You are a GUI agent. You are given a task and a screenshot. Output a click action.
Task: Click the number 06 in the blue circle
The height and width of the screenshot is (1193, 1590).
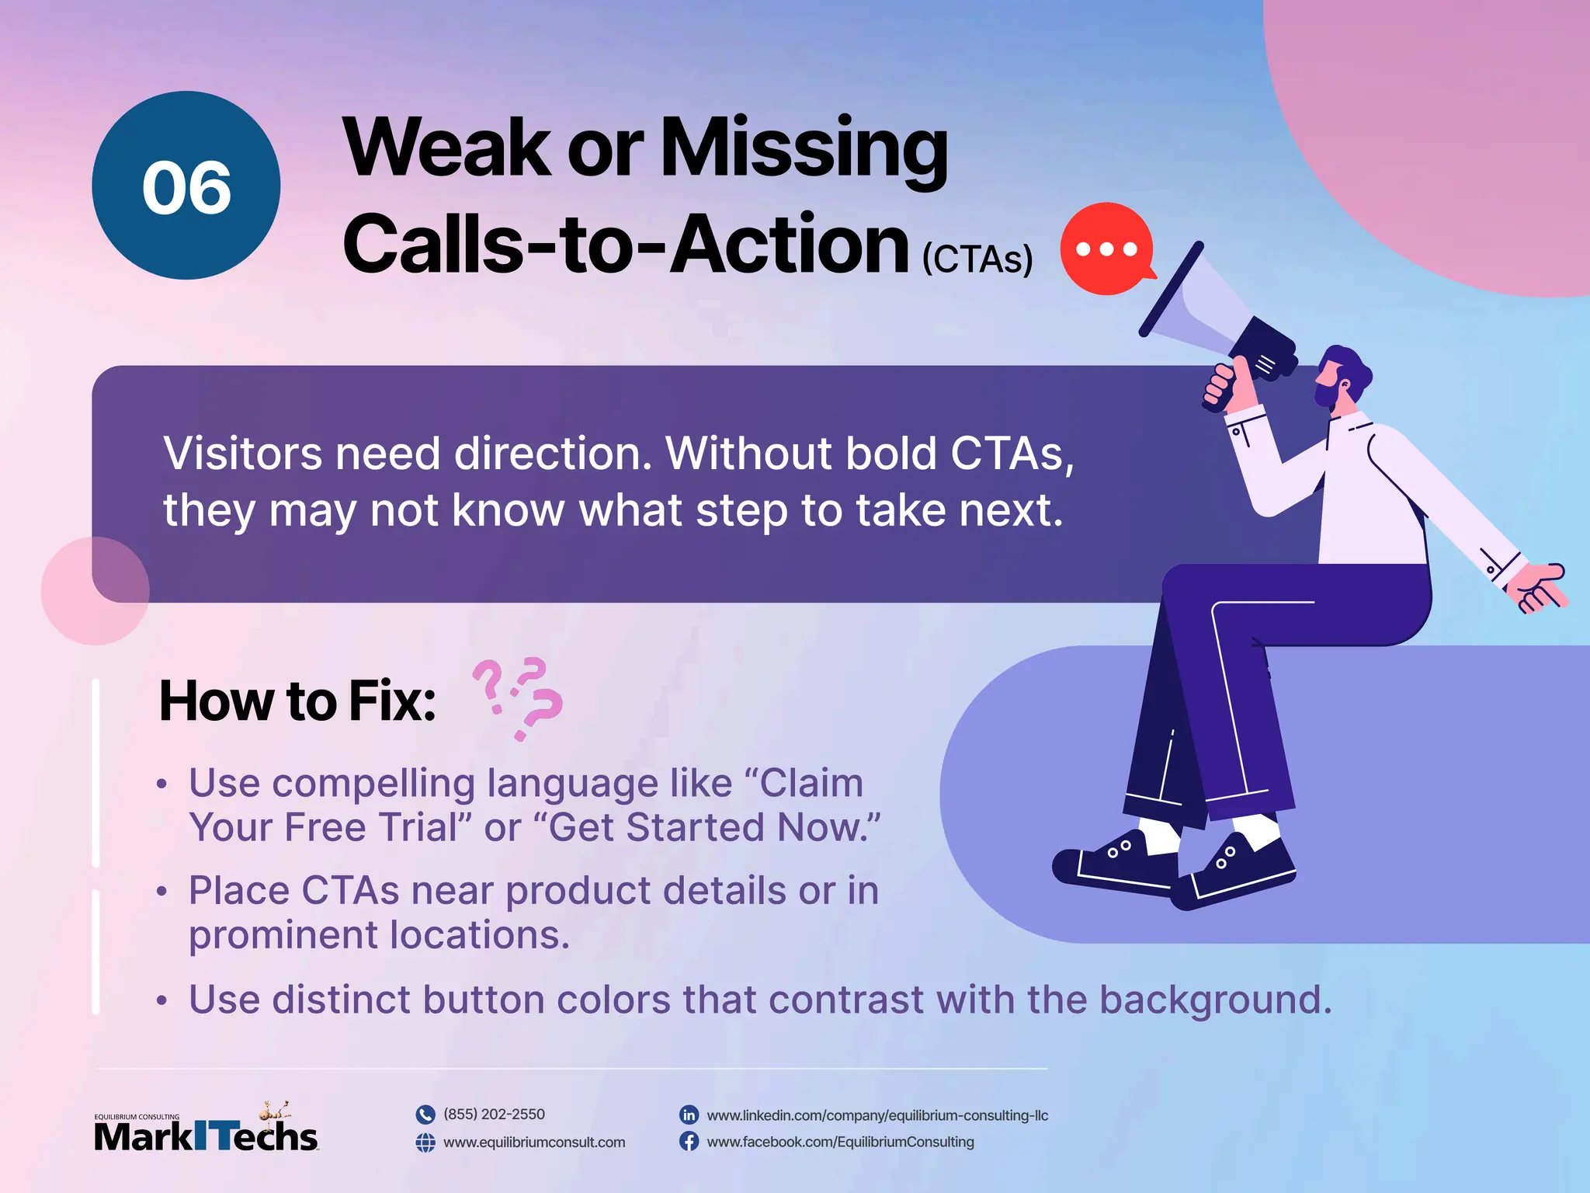click(186, 188)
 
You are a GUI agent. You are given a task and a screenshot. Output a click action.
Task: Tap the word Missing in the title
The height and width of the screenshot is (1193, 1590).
click(804, 149)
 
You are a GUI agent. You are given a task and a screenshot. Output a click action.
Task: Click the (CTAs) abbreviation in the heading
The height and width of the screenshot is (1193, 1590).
click(977, 259)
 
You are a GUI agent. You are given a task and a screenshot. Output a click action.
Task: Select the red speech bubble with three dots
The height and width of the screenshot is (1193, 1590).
click(1106, 249)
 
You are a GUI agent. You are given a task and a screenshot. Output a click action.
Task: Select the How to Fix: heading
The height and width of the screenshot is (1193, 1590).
click(297, 701)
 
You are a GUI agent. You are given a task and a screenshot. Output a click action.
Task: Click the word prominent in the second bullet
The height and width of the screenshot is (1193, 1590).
click(283, 934)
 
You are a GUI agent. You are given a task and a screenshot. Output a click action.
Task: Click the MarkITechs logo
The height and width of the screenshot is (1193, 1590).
click(206, 1130)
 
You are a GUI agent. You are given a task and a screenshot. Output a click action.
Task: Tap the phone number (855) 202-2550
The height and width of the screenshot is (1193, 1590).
click(494, 1114)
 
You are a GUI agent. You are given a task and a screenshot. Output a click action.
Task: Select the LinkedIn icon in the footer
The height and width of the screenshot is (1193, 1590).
click(689, 1115)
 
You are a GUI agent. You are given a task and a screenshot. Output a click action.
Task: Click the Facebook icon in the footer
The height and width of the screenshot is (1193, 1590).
click(689, 1141)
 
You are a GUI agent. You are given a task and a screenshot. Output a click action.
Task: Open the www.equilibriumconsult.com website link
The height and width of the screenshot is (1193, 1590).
click(533, 1142)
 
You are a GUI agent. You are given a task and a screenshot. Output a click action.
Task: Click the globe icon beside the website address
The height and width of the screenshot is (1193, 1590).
click(425, 1142)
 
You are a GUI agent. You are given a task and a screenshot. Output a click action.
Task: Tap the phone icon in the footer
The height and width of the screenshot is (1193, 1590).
click(425, 1115)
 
